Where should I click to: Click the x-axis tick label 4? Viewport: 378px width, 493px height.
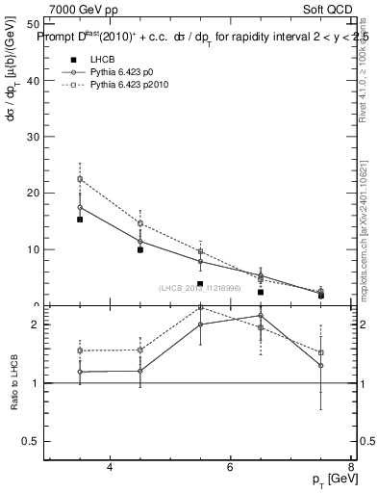tap(111, 467)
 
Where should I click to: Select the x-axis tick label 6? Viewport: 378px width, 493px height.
tap(231, 467)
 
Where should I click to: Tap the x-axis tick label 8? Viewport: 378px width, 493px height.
tap(351, 467)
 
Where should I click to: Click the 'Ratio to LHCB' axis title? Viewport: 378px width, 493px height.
tap(13, 382)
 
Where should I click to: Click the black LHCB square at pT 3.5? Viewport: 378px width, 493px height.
tap(80, 220)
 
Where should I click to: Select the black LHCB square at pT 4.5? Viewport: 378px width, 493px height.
tap(140, 249)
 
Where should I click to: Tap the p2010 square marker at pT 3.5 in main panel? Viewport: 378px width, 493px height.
tap(80, 179)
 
